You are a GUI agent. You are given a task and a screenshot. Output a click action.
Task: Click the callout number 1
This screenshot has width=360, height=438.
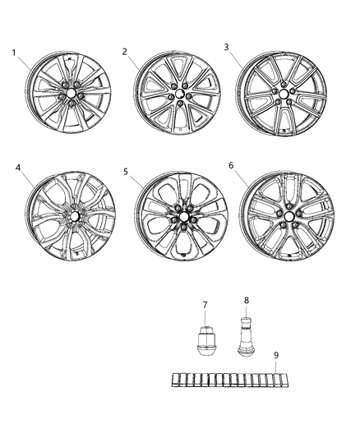pos(14,53)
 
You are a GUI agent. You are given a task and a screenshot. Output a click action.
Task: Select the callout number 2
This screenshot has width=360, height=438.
pos(125,51)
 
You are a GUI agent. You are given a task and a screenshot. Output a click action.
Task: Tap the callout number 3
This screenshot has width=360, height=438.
pos(226,47)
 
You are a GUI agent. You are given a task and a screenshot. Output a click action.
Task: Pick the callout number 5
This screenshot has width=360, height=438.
pos(126,172)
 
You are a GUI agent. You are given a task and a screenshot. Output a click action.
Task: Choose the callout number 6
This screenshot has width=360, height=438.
pos(231,165)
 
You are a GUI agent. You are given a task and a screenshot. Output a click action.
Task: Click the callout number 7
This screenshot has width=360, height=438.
pos(205,305)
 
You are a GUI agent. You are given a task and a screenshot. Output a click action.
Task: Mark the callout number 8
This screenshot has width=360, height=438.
pos(244,300)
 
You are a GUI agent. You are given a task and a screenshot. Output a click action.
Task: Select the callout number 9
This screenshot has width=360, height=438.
pos(276,355)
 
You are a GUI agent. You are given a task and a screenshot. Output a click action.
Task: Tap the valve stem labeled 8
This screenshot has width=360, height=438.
pos(245,337)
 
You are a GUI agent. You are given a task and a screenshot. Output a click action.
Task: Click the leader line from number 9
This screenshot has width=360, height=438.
pos(279,367)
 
